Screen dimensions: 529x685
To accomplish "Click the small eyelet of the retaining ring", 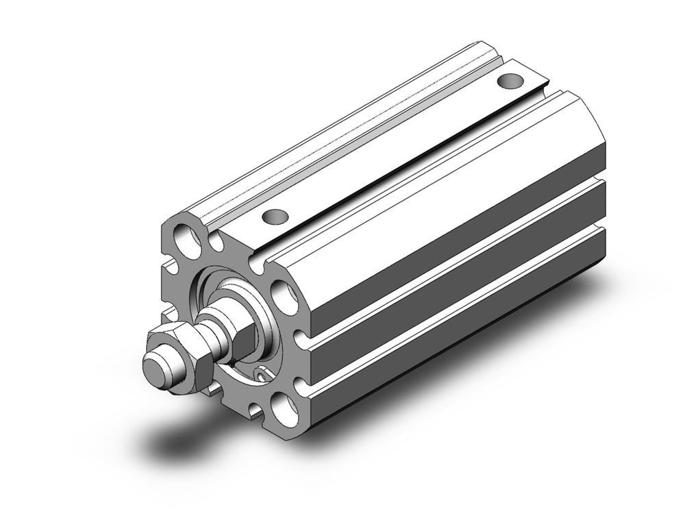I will click(x=262, y=373).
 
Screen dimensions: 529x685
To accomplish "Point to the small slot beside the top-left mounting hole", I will click(x=218, y=242).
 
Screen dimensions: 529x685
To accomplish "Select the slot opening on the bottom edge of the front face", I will click(x=255, y=410).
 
